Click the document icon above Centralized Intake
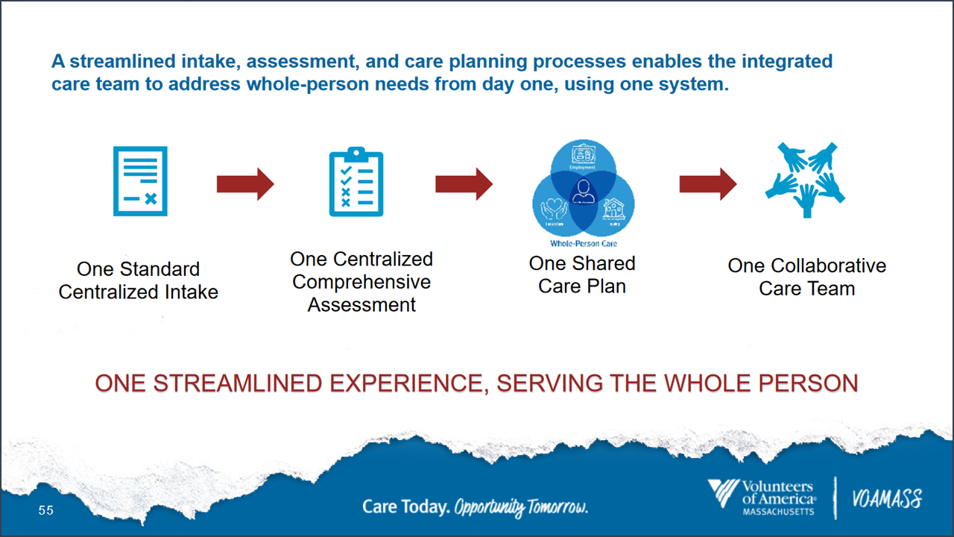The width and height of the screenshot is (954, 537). pyautogui.click(x=140, y=181)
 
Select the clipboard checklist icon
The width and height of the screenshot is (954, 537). pyautogui.click(x=356, y=182)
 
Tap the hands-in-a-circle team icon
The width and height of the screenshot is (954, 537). pyautogui.click(x=805, y=180)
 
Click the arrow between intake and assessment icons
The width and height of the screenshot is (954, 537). pyautogui.click(x=245, y=184)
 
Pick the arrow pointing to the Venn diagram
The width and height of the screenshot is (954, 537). pyautogui.click(x=464, y=183)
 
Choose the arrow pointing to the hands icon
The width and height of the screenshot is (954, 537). pyautogui.click(x=707, y=183)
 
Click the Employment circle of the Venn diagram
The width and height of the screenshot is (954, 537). pyautogui.click(x=583, y=157)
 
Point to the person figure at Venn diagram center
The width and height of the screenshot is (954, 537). pyautogui.click(x=584, y=191)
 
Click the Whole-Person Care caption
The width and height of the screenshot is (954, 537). pyautogui.click(x=583, y=244)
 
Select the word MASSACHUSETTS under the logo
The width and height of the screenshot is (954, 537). pyautogui.click(x=778, y=512)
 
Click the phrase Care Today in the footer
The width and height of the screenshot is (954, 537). pyautogui.click(x=405, y=507)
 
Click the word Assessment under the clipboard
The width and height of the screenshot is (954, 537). pyautogui.click(x=361, y=304)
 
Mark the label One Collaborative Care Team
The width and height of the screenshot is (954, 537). pyautogui.click(x=806, y=277)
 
